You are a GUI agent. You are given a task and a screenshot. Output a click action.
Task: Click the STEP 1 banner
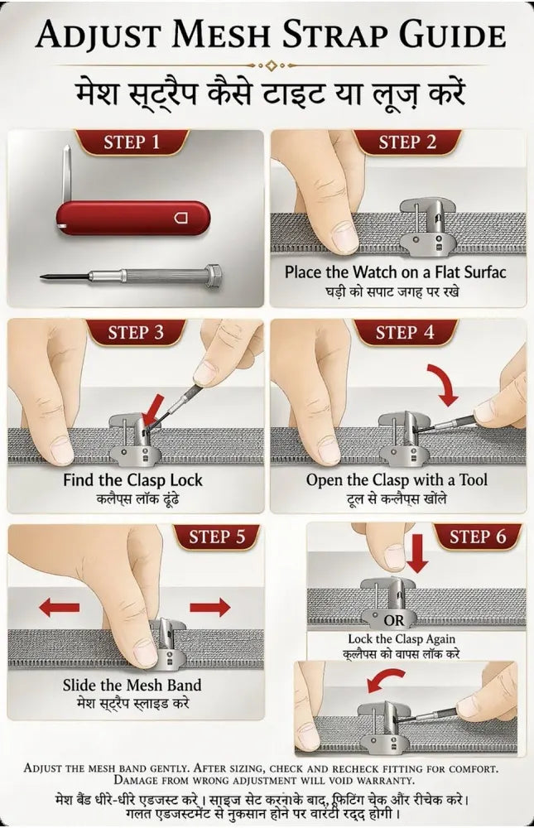click(x=132, y=142)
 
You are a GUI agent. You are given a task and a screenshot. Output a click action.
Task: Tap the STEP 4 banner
click(x=405, y=333)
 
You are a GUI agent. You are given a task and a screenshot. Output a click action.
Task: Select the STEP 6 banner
click(x=478, y=537)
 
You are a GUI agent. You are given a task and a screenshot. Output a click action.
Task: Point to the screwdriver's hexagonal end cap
click(x=213, y=276)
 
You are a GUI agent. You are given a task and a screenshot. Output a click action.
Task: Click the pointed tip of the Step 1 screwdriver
click(x=41, y=277)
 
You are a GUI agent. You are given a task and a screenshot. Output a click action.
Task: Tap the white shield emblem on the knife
click(x=181, y=218)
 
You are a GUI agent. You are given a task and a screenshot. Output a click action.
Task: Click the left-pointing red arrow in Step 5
click(x=59, y=607)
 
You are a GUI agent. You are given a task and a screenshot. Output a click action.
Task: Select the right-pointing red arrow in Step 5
click(x=209, y=607)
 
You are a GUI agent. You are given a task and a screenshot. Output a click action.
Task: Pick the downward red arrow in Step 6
click(x=417, y=553)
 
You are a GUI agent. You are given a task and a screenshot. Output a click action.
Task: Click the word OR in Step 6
click(x=394, y=620)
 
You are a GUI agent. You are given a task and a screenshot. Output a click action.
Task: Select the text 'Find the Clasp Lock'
click(x=132, y=480)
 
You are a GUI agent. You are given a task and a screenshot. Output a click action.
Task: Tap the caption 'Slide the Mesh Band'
click(x=132, y=685)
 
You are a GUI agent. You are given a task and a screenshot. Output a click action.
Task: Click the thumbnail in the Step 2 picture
click(x=345, y=236)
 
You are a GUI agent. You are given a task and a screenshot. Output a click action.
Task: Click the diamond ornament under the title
click(x=272, y=65)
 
